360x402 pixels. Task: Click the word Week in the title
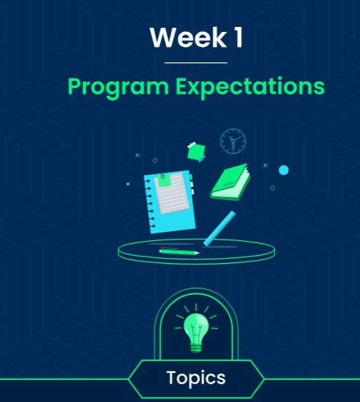click(189, 38)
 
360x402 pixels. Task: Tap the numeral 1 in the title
click(239, 38)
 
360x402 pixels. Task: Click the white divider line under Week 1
click(196, 62)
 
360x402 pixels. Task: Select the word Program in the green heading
click(118, 87)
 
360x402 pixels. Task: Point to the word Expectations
click(250, 86)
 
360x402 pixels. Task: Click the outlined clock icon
click(233, 141)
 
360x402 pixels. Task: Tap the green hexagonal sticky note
click(196, 152)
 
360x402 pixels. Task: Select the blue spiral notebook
click(169, 202)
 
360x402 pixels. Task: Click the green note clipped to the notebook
click(164, 180)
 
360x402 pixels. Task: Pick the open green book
click(230, 182)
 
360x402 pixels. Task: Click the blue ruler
click(220, 228)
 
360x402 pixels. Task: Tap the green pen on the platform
click(179, 252)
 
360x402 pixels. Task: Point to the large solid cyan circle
click(283, 170)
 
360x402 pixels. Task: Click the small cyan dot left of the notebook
click(128, 184)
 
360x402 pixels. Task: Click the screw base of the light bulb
click(196, 348)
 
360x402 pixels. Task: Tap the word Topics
click(196, 378)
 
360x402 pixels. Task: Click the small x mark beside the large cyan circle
click(265, 165)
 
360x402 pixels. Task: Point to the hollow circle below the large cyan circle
click(273, 188)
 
